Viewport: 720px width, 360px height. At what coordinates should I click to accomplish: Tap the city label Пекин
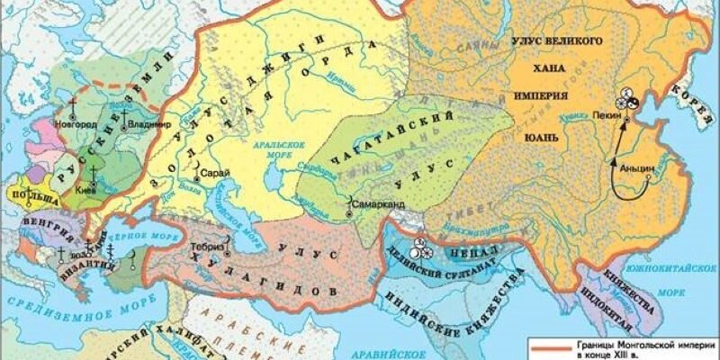click(608, 116)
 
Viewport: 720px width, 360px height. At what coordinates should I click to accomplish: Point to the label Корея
click(707, 95)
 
